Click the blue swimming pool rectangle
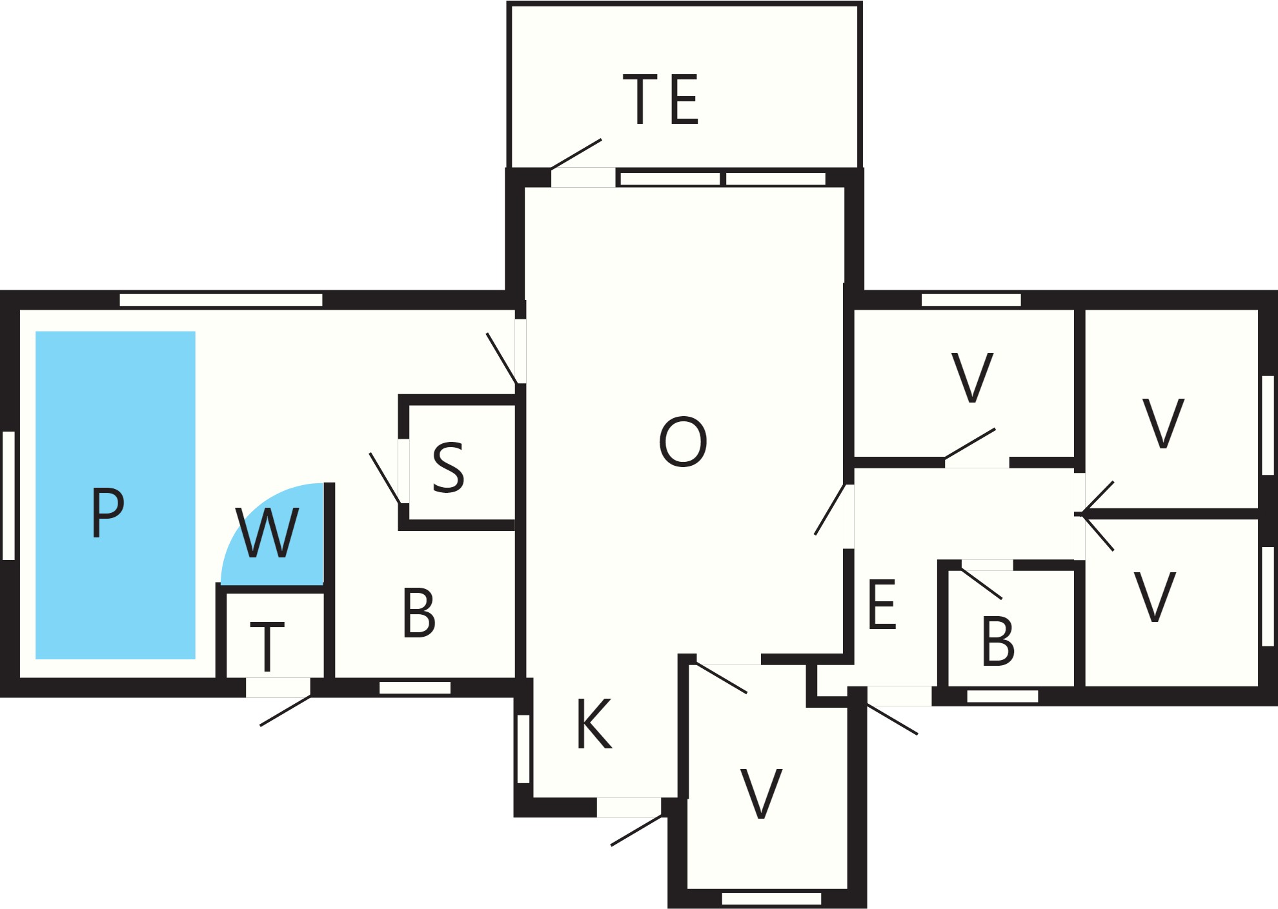116,495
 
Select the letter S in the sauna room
449,468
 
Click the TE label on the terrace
660,99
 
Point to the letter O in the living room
683,442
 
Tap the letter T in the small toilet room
267,646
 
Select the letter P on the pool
107,512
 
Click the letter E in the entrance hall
882,604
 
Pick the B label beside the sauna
419,613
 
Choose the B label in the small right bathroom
998,641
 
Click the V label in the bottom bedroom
762,794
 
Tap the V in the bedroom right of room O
973,377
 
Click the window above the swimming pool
221,300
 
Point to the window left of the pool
9,495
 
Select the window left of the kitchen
524,749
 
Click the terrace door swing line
576,154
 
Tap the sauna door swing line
385,478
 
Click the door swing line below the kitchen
637,830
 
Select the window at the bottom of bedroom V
771,899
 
